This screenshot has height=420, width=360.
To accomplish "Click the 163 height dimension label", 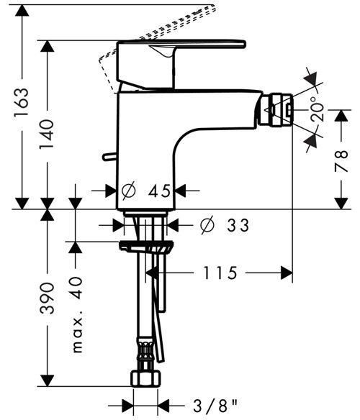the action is [22, 101].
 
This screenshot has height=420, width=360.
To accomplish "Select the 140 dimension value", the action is [47, 134].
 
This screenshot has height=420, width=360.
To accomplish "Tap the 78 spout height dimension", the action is [341, 161].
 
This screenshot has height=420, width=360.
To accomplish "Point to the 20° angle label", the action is [317, 109].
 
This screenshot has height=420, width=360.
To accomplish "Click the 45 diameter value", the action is [160, 191].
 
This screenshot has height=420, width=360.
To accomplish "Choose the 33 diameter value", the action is [238, 225].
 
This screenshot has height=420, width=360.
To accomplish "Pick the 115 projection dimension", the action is [220, 273].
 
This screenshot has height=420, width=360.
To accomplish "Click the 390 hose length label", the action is [47, 298].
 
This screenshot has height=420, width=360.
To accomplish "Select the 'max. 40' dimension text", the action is [77, 315].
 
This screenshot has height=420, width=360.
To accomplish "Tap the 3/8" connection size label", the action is [216, 406].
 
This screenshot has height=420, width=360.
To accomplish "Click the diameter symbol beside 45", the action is [129, 191].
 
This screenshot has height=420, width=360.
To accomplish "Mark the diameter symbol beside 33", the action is [207, 225].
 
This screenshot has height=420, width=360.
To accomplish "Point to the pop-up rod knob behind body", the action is [109, 157].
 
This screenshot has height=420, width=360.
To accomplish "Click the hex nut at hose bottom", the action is [146, 378].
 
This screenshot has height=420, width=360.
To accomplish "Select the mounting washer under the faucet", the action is [146, 246].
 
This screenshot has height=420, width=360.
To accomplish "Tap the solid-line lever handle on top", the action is [181, 44].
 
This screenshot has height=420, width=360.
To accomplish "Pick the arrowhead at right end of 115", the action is [287, 273].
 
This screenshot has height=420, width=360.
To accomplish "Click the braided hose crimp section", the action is [145, 349].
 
